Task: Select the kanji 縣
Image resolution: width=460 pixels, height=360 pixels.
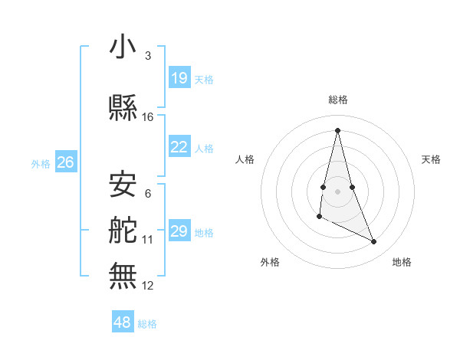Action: click(123, 109)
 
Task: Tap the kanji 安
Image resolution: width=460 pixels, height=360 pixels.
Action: click(123, 184)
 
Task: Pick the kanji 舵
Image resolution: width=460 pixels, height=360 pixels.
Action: click(123, 231)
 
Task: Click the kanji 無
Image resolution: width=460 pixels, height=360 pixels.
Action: click(123, 276)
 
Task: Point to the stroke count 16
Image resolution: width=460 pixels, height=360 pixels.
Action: click(148, 117)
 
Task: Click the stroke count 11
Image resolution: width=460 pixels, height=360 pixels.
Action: click(148, 240)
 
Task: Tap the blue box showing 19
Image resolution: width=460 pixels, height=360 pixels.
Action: click(179, 77)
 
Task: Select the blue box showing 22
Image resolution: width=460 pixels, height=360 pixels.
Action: click(179, 147)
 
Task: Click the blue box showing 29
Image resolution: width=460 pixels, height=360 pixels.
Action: click(179, 231)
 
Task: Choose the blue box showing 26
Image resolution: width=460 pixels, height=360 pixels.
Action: click(66, 162)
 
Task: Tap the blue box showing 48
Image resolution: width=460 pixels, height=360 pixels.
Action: click(123, 322)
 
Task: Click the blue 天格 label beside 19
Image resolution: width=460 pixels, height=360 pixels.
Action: click(204, 79)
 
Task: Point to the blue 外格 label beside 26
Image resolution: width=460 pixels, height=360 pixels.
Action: click(41, 163)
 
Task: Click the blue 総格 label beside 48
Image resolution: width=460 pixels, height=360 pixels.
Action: click(147, 323)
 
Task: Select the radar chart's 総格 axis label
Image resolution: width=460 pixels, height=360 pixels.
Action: click(337, 100)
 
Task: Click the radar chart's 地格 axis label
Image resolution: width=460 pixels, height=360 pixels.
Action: click(402, 262)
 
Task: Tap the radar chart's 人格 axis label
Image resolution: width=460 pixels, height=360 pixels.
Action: click(245, 159)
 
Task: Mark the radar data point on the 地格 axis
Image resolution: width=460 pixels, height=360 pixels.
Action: click(374, 242)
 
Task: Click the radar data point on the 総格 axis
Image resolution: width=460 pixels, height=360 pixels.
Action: click(337, 129)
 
